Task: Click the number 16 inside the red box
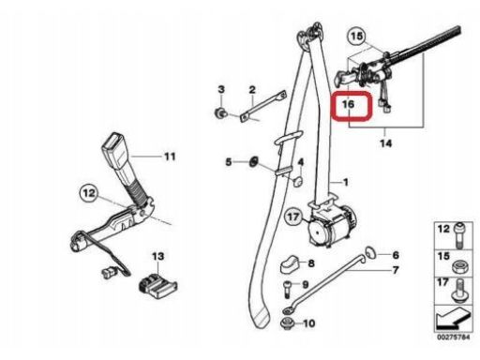(348, 104)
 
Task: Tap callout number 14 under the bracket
(385, 143)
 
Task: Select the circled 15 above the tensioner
(357, 37)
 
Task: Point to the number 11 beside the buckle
(170, 157)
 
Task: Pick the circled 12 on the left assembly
(89, 193)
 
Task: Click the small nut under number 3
(220, 112)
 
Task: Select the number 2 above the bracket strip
(252, 90)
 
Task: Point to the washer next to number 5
(253, 162)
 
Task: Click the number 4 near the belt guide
(301, 162)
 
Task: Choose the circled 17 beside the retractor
(293, 217)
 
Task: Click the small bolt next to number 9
(288, 289)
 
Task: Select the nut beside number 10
(287, 322)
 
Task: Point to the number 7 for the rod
(396, 270)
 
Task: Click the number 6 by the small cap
(396, 255)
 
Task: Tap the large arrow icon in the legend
(453, 320)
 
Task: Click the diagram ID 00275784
(453, 337)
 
